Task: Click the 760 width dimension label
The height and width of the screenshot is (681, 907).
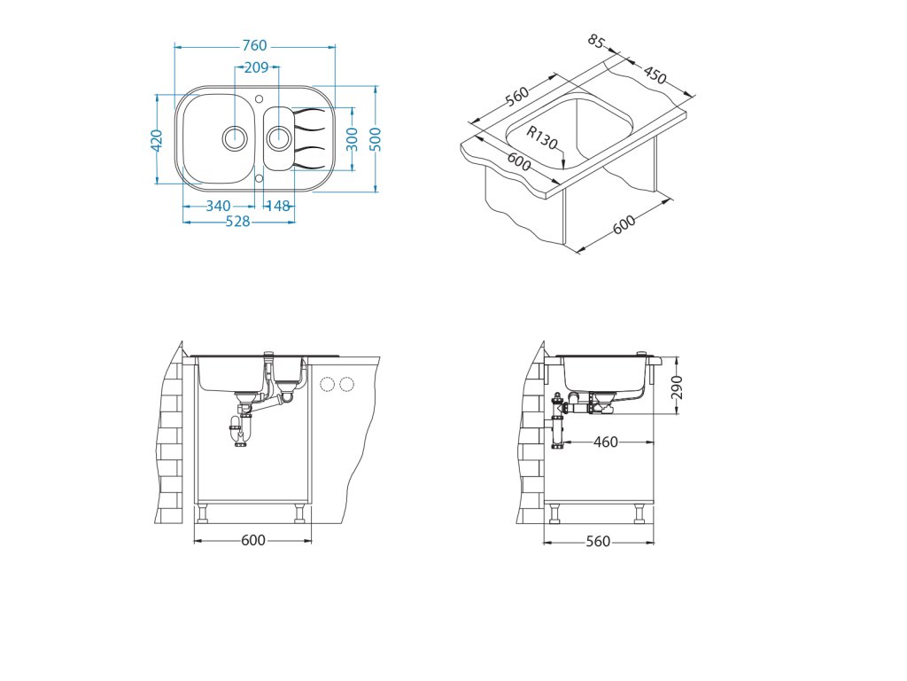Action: [x=254, y=45]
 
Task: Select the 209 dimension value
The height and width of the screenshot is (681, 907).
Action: [x=256, y=67]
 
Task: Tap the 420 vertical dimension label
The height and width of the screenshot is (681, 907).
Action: [x=156, y=141]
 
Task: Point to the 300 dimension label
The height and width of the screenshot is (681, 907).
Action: [x=352, y=139]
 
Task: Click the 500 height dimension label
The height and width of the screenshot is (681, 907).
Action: [x=376, y=139]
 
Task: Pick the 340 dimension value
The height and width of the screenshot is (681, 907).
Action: [x=218, y=206]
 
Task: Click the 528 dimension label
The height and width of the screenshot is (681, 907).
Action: [x=237, y=221]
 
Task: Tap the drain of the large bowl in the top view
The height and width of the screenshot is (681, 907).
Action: [x=235, y=137]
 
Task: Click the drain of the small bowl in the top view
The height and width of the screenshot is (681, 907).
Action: [x=279, y=137]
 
